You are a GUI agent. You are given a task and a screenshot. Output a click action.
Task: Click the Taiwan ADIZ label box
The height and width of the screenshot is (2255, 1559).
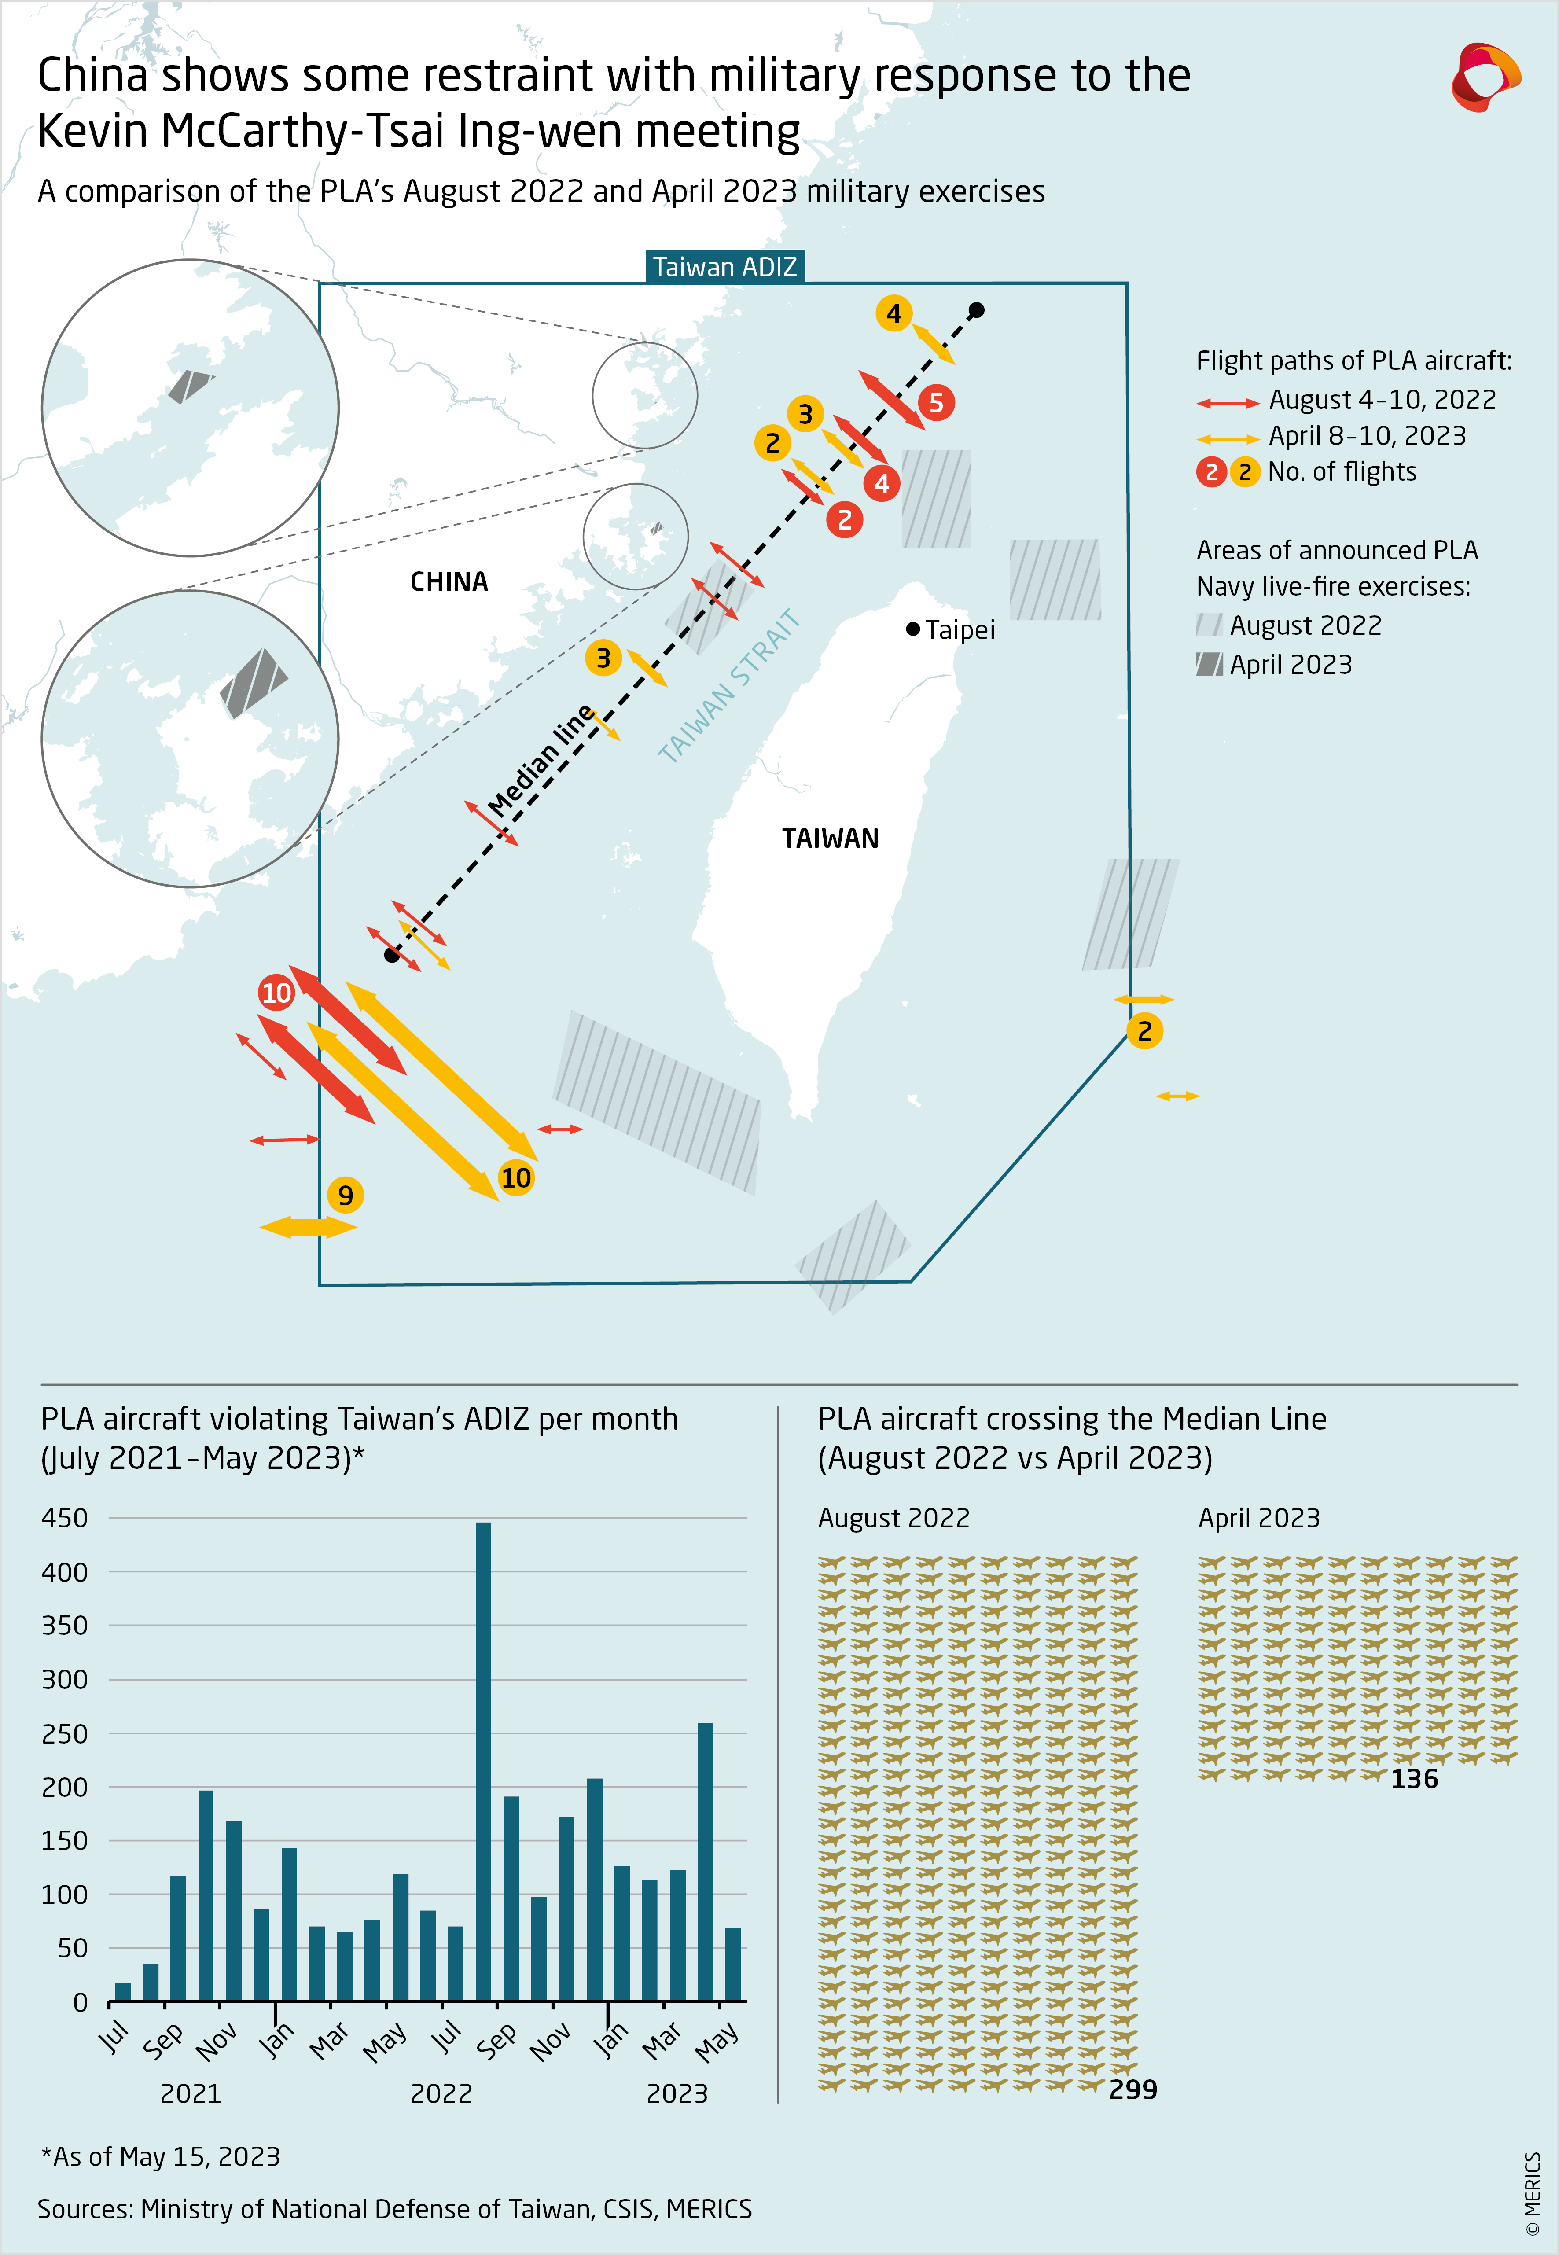[724, 267]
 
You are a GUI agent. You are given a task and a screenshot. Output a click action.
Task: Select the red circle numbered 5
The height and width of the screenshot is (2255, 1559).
[936, 402]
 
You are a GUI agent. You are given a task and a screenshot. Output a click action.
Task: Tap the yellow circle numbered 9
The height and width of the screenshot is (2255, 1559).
[345, 1194]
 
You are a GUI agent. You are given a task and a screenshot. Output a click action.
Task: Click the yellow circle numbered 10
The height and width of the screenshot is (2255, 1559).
[516, 1178]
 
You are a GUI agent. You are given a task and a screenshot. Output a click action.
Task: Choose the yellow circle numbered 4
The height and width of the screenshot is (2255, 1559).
[894, 313]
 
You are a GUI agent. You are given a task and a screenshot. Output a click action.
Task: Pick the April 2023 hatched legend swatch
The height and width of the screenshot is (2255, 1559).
[1209, 664]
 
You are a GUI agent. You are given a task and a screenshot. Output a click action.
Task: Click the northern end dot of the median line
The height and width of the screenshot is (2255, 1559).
[976, 311]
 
